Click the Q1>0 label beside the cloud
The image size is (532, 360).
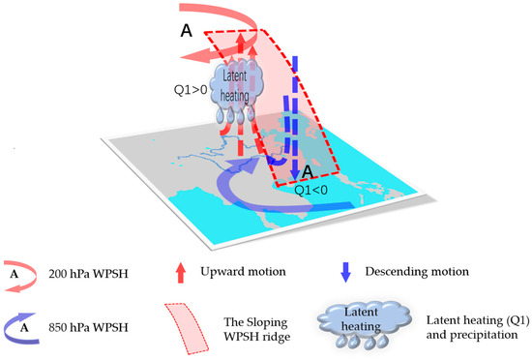pos(183,95)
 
